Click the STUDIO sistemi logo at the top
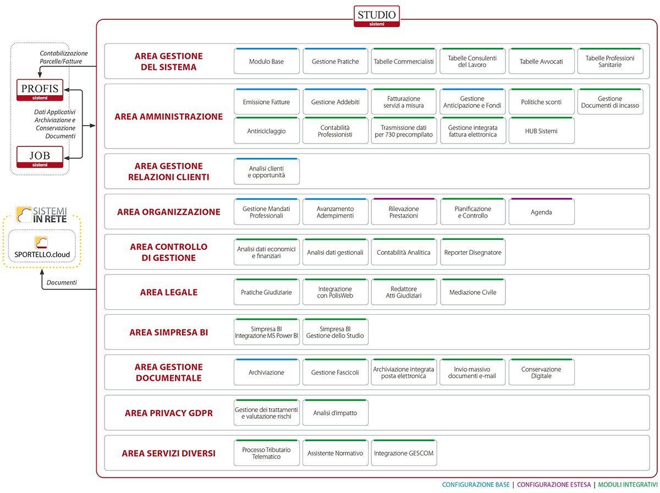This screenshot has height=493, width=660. [376, 17]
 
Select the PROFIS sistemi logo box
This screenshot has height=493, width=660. [40, 90]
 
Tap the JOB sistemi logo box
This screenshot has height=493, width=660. [40, 157]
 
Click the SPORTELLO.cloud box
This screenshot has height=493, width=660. [42, 246]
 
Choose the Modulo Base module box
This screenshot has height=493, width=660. [266, 61]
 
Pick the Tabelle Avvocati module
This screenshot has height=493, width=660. [541, 61]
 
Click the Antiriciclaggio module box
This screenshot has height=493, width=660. [266, 130]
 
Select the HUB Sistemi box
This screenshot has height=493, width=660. [541, 130]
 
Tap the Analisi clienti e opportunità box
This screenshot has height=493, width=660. [266, 172]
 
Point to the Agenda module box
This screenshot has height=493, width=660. [541, 212]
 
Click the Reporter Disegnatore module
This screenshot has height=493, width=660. [472, 252]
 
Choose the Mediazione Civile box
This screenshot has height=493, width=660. [472, 292]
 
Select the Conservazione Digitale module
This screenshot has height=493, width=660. [541, 372]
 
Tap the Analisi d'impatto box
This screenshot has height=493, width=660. [335, 413]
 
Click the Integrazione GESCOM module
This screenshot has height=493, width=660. [404, 453]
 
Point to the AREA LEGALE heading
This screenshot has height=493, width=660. [169, 292]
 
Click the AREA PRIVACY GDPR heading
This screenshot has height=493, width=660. [169, 413]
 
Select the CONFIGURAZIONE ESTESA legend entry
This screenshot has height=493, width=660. [553, 485]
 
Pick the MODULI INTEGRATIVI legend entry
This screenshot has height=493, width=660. [628, 485]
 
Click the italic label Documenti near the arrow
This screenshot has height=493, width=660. [62, 282]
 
